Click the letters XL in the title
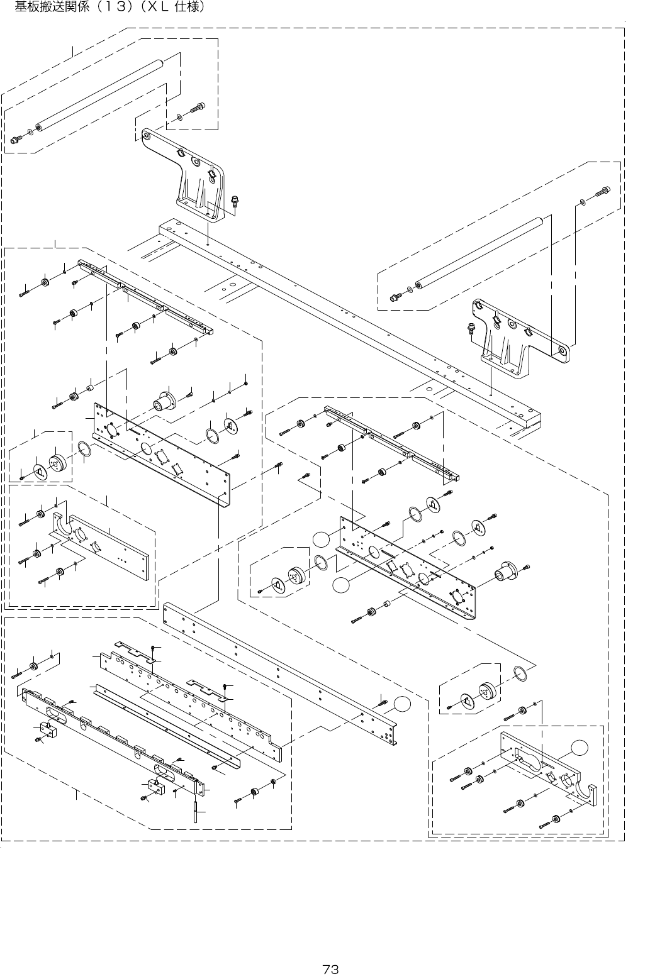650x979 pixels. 159,8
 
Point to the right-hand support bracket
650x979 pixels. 516,340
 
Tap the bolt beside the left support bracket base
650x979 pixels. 235,201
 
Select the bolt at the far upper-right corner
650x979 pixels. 603,190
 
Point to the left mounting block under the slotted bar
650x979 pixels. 48,729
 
